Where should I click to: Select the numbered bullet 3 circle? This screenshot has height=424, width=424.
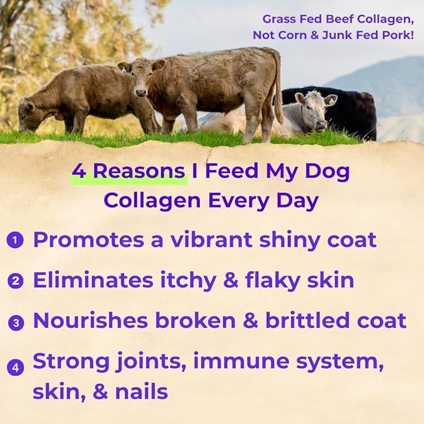coord(17,322)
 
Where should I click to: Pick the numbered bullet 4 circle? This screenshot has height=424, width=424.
coord(17,366)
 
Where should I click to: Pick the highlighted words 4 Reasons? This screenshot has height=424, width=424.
coord(129,172)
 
